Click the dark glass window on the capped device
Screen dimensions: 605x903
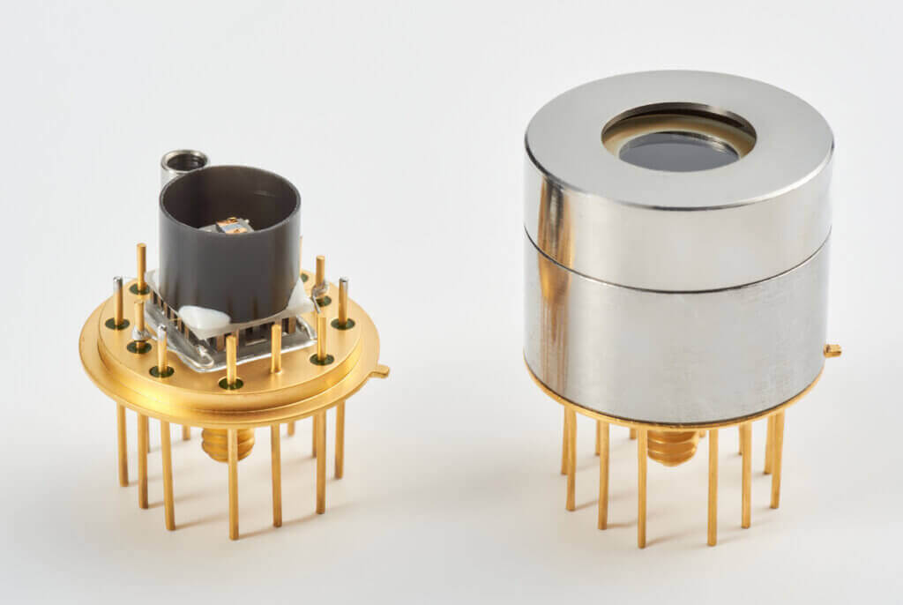pyautogui.click(x=678, y=151)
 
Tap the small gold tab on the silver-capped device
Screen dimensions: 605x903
pyautogui.click(x=832, y=351)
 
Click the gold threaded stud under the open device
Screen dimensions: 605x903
pyautogui.click(x=228, y=444)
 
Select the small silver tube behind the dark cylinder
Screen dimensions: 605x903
pyautogui.click(x=183, y=161)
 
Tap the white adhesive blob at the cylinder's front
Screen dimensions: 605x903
pyautogui.click(x=205, y=317)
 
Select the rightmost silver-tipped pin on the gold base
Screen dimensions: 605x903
pyautogui.click(x=342, y=301)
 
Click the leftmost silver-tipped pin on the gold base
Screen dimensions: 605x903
pyautogui.click(x=118, y=300)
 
